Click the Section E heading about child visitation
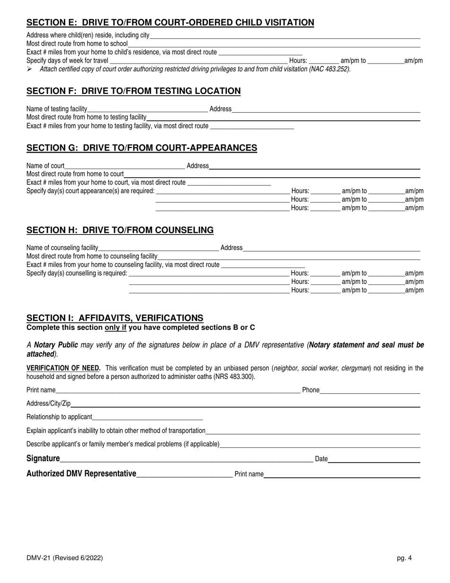pos(170,22)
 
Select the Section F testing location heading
pos(133,91)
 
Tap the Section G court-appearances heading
pos(142,148)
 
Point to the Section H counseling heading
pos(120,230)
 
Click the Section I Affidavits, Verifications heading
pos(115,318)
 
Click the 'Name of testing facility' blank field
pos(147,109)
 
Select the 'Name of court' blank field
pos(125,166)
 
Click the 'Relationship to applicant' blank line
pos(147,418)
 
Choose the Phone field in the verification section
pos(370,391)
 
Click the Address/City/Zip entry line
pos(245,404)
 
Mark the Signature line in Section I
pos(186,459)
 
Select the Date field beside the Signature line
pos(374,459)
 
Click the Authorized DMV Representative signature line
pos(184,474)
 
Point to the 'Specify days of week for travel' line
pos(198,61)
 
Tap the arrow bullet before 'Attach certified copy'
pos(29,69)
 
